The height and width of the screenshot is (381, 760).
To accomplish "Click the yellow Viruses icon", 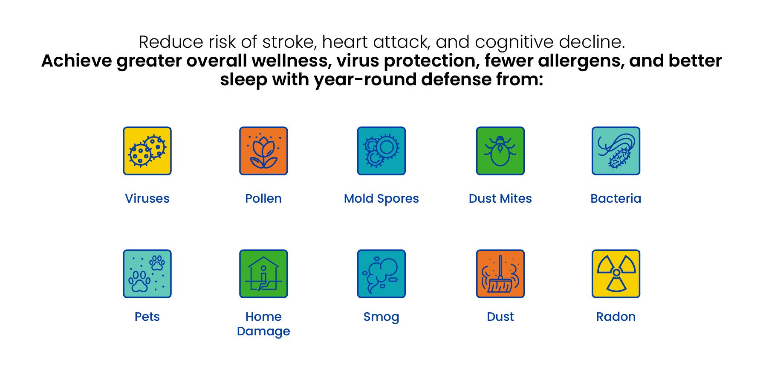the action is pyautogui.click(x=147, y=151).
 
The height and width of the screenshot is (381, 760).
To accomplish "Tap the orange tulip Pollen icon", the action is pyautogui.click(x=263, y=151).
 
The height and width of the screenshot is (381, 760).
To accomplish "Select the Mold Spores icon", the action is pyautogui.click(x=381, y=151).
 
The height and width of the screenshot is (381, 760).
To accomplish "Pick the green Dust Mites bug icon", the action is pyautogui.click(x=500, y=151).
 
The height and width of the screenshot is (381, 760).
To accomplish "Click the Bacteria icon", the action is pyautogui.click(x=616, y=151).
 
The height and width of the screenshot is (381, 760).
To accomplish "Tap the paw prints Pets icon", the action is pyautogui.click(x=147, y=273).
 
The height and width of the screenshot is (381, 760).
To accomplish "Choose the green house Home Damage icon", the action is pyautogui.click(x=263, y=273).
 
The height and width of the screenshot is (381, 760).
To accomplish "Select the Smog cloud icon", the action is pyautogui.click(x=381, y=273).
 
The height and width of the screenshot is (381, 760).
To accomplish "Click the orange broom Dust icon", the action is pyautogui.click(x=500, y=273).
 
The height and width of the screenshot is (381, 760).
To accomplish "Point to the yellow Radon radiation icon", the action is pyautogui.click(x=616, y=273).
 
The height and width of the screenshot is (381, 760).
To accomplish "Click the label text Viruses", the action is pyautogui.click(x=147, y=198).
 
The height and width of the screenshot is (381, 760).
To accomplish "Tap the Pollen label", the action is pyautogui.click(x=263, y=198).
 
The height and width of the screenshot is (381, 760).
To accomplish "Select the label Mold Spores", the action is pyautogui.click(x=381, y=199).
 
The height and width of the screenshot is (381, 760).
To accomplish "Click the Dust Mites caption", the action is pyautogui.click(x=500, y=198).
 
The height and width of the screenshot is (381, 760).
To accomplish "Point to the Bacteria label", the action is pyautogui.click(x=616, y=198).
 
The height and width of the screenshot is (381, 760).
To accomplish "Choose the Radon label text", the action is pyautogui.click(x=616, y=317).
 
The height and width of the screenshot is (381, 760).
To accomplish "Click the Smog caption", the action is pyautogui.click(x=381, y=317).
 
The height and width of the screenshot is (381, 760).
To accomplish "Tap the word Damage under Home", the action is pyautogui.click(x=263, y=332).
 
